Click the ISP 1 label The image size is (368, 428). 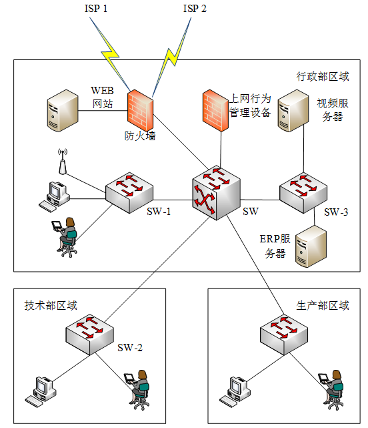coord(96,9)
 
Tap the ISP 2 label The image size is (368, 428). coord(195,9)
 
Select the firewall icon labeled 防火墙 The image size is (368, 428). coord(141,110)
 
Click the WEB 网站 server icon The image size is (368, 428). coord(63,111)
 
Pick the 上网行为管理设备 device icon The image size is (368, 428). coord(215,110)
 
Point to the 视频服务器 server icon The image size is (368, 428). coord(293,111)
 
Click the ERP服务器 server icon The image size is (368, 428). coord(311,246)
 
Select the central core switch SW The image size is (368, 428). coord(217,193)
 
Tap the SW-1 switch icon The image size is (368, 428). coord(129,193)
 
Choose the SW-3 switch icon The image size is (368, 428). coord(303,193)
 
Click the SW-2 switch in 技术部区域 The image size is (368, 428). coord(90,335)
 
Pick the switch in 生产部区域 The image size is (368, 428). coord(284,335)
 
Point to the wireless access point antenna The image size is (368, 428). coord(63,162)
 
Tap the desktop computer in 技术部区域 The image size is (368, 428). coord(41,392)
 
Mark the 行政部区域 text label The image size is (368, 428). coord(323,76)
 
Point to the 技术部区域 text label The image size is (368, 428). coord(51,305)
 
